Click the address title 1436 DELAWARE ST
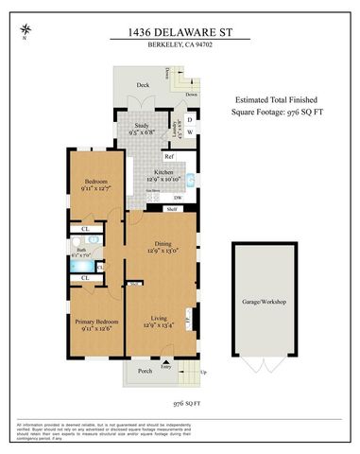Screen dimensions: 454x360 180,32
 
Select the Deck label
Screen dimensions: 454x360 143,85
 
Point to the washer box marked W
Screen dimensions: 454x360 189,132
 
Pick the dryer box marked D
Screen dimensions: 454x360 189,119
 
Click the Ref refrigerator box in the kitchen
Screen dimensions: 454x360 170,156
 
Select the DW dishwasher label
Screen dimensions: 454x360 177,197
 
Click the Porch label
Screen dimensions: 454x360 144,370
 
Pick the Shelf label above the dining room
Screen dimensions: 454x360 172,209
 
